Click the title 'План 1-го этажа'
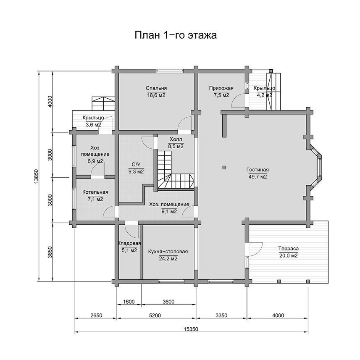176,35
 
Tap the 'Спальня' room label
156,88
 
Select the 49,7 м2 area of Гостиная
258,177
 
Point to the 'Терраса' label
288,248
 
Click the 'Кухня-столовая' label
168,252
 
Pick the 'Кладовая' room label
129,243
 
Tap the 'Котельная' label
95,192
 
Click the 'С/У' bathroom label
136,164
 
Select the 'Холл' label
176,139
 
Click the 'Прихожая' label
221,88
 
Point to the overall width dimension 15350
191,329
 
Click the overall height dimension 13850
36,176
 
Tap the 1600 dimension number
129,302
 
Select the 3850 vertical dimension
50,252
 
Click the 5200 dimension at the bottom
155,315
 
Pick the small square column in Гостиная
224,168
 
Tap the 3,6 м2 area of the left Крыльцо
93,125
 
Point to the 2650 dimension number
96,315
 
